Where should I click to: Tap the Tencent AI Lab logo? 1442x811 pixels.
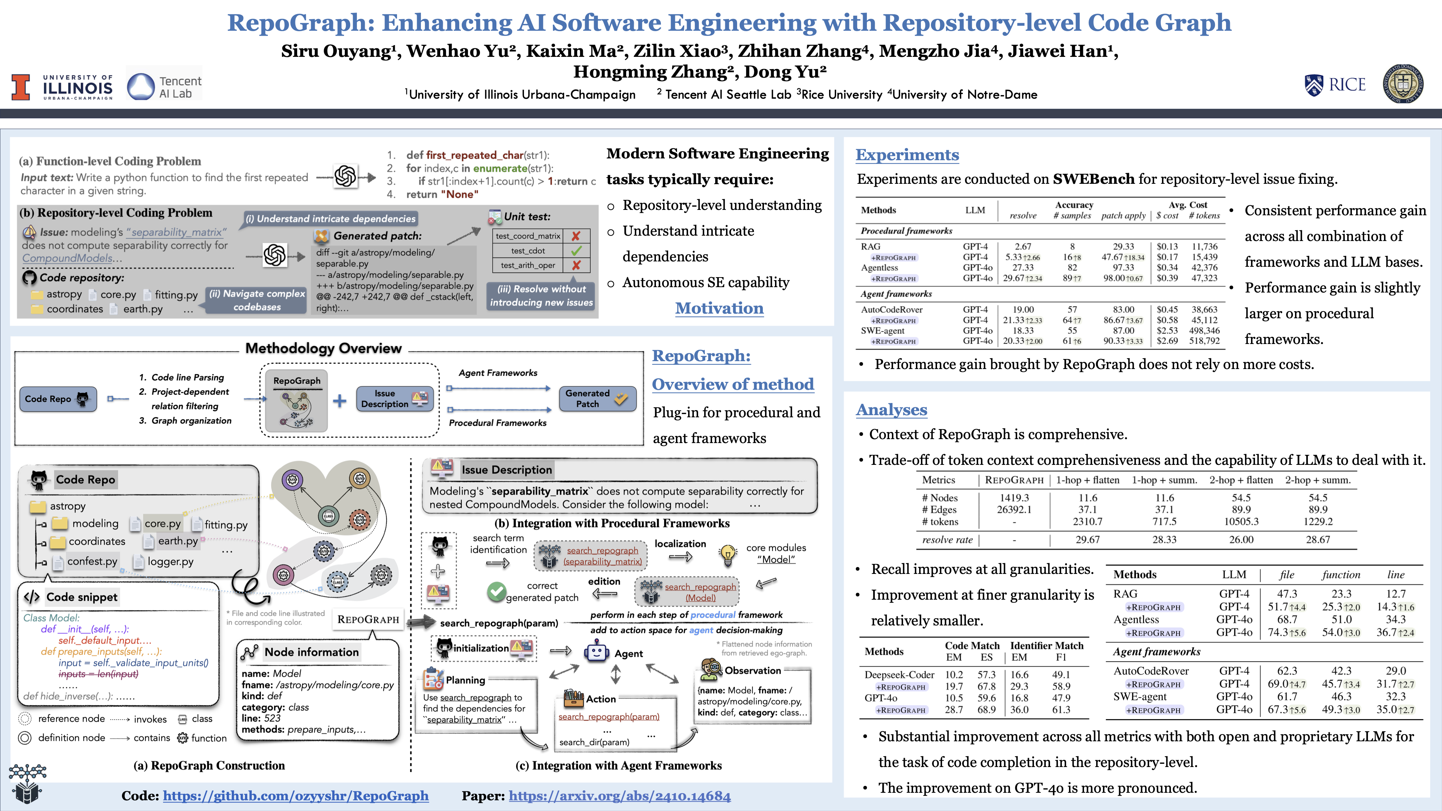pyautogui.click(x=164, y=87)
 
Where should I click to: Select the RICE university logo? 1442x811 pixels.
pyautogui.click(x=1335, y=85)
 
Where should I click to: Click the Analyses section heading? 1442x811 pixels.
pyautogui.click(x=891, y=410)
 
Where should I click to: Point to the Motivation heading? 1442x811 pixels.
pyautogui.click(x=719, y=308)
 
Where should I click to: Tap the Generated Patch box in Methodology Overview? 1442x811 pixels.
pyautogui.click(x=597, y=398)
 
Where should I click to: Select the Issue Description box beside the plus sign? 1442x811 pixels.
pyautogui.click(x=394, y=398)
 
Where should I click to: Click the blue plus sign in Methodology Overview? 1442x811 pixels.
pyautogui.click(x=339, y=401)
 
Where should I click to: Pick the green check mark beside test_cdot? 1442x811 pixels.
pyautogui.click(x=577, y=251)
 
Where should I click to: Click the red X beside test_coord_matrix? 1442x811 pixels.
pyautogui.click(x=576, y=236)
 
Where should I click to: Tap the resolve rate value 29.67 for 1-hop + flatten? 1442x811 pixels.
pyautogui.click(x=1087, y=540)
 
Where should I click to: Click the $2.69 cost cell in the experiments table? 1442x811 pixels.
pyautogui.click(x=1167, y=341)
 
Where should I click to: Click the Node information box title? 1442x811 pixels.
pyautogui.click(x=311, y=652)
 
